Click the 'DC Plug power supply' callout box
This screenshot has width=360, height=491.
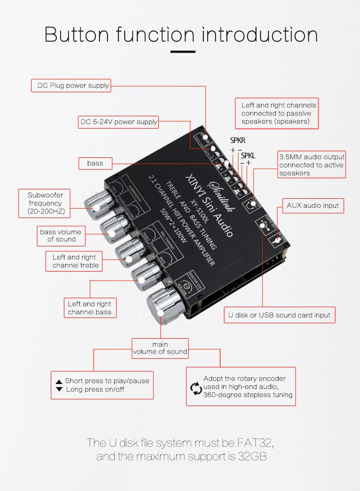pos(71,85)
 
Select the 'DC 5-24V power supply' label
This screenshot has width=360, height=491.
pos(118,122)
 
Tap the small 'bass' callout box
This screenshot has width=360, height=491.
pos(95,163)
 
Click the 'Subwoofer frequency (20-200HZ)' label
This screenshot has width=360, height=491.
pos(45,203)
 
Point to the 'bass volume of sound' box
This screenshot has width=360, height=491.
pos(60,236)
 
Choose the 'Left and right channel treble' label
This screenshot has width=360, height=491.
pos(74,261)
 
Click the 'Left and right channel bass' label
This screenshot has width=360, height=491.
pos(90,308)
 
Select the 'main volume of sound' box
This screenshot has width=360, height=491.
pos(160,348)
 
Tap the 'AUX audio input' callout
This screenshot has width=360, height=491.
pos(313,205)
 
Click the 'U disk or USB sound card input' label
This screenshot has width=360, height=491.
pos(279,315)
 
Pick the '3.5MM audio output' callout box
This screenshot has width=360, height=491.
pos(311,165)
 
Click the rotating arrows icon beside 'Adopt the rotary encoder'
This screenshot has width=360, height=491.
pos(195,387)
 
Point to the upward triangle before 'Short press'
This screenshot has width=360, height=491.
pos(59,381)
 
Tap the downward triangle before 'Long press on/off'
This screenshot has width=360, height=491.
pos(59,389)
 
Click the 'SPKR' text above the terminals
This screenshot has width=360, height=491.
pos(238,140)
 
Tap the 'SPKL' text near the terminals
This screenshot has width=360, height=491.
pos(248,156)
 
